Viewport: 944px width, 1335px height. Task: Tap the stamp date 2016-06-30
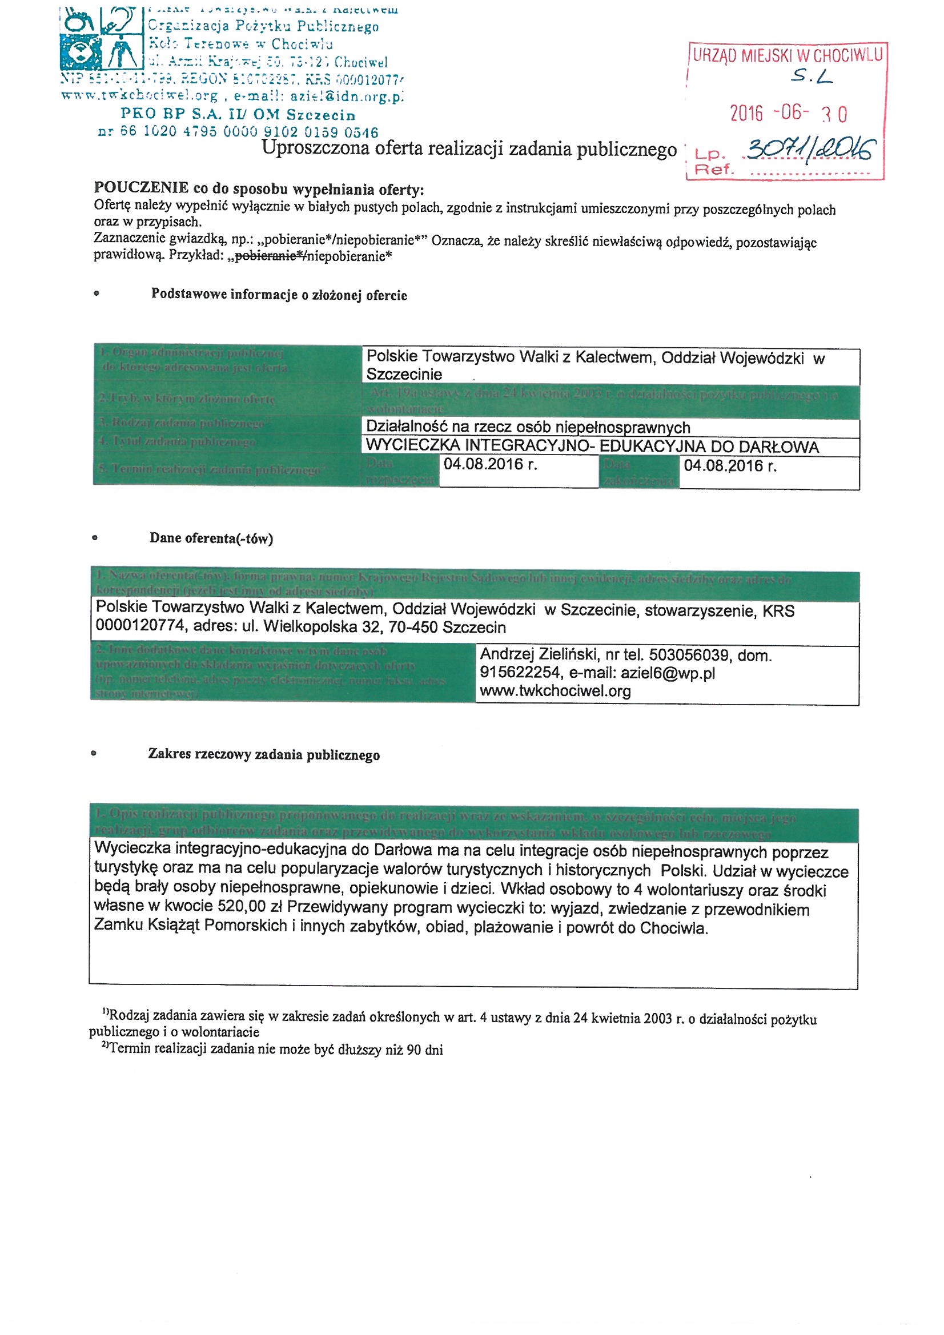tap(788, 114)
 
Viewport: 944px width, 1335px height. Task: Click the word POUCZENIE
tap(140, 189)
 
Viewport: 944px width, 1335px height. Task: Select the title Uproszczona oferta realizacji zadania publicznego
tap(469, 149)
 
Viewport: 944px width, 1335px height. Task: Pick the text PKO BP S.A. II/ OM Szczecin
tap(238, 115)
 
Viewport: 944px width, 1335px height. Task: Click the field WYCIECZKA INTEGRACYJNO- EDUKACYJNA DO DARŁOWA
tap(592, 447)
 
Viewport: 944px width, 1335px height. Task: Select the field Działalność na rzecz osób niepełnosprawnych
tap(528, 428)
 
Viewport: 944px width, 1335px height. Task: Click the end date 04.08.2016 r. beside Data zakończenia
tap(730, 465)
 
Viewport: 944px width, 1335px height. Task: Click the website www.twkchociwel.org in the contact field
tap(555, 691)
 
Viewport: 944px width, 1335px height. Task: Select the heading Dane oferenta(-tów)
tap(211, 538)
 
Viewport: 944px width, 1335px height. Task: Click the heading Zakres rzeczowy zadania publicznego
tap(263, 755)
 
